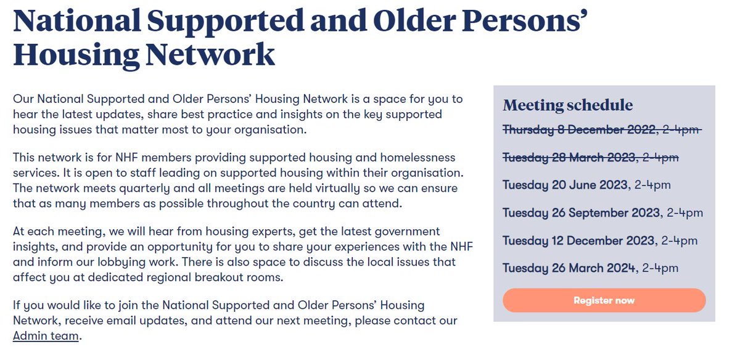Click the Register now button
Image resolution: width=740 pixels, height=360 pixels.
pyautogui.click(x=604, y=300)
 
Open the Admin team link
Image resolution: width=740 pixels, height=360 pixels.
pyautogui.click(x=46, y=336)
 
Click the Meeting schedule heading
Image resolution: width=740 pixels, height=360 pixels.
pyautogui.click(x=567, y=105)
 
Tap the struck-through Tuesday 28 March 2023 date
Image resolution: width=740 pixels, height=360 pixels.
pyautogui.click(x=569, y=157)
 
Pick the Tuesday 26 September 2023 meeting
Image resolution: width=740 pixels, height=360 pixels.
pyautogui.click(x=581, y=213)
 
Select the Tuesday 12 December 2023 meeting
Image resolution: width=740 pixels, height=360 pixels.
pyautogui.click(x=578, y=240)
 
